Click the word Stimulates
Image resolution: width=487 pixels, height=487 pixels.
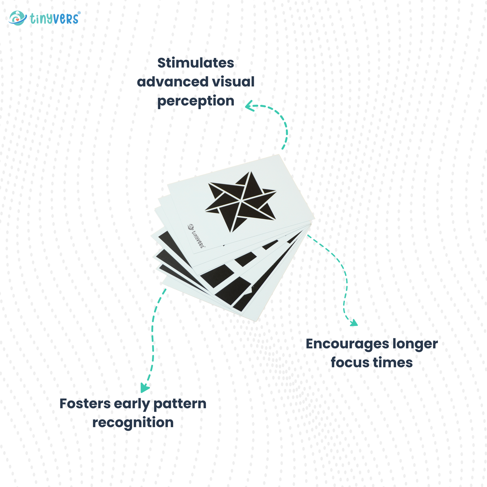click(195, 63)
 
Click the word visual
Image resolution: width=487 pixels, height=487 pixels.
click(233, 82)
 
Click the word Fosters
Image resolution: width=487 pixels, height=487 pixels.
click(85, 404)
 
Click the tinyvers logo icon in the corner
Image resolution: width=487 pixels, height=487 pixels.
click(18, 18)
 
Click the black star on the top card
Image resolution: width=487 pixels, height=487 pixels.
click(241, 202)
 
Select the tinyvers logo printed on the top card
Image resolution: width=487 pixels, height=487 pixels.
click(196, 236)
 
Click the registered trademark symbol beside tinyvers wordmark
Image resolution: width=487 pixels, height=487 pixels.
click(79, 12)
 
